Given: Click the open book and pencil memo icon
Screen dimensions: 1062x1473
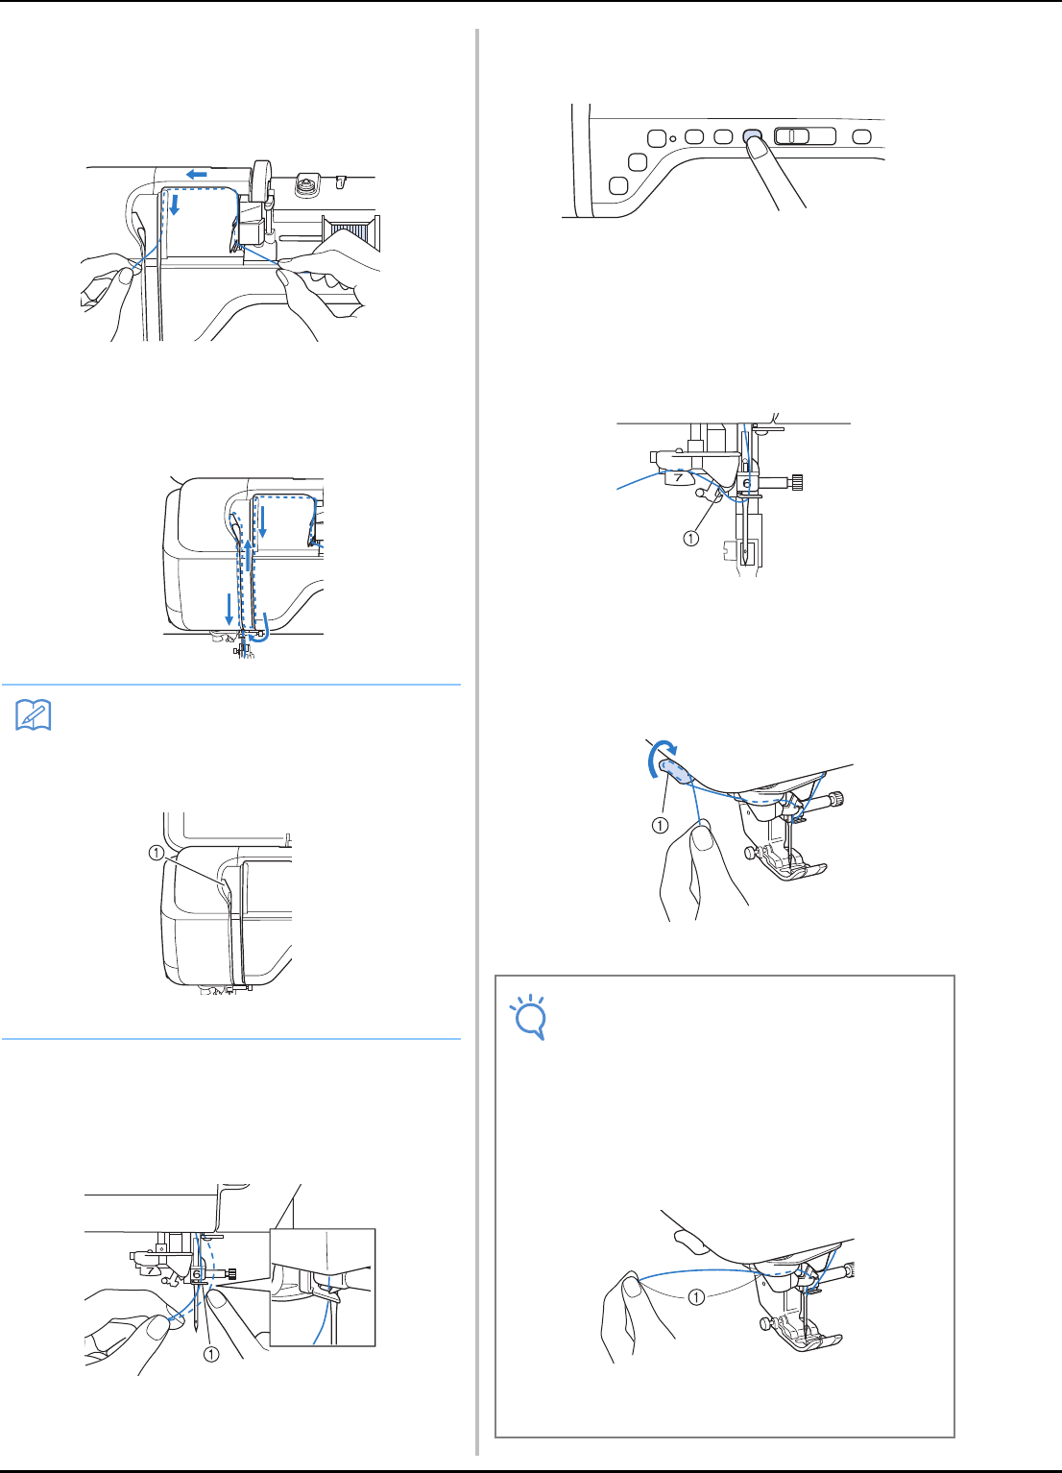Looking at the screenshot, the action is point(33,715).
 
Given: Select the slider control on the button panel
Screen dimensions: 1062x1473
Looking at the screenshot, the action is point(805,136).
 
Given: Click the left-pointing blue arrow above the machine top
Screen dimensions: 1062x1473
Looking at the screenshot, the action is point(196,174).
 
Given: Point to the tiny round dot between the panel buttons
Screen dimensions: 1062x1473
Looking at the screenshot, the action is point(673,138).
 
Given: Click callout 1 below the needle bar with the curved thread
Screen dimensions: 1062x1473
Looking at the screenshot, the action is point(690,539).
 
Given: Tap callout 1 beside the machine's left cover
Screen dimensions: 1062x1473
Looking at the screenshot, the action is point(156,853).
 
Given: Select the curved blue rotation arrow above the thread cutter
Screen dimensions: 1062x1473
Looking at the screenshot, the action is point(660,754).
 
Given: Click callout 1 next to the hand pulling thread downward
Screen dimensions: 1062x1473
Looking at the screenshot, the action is point(660,825).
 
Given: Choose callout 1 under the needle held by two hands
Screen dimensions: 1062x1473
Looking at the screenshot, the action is point(211,1354).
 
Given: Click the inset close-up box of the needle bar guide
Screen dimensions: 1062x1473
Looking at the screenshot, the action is point(323,1287).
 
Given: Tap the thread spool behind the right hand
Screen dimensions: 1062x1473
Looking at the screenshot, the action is point(350,233).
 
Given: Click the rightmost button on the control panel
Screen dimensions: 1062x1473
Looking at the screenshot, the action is point(861,136).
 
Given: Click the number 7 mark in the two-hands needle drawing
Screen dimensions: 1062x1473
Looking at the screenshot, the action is point(152,1270).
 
